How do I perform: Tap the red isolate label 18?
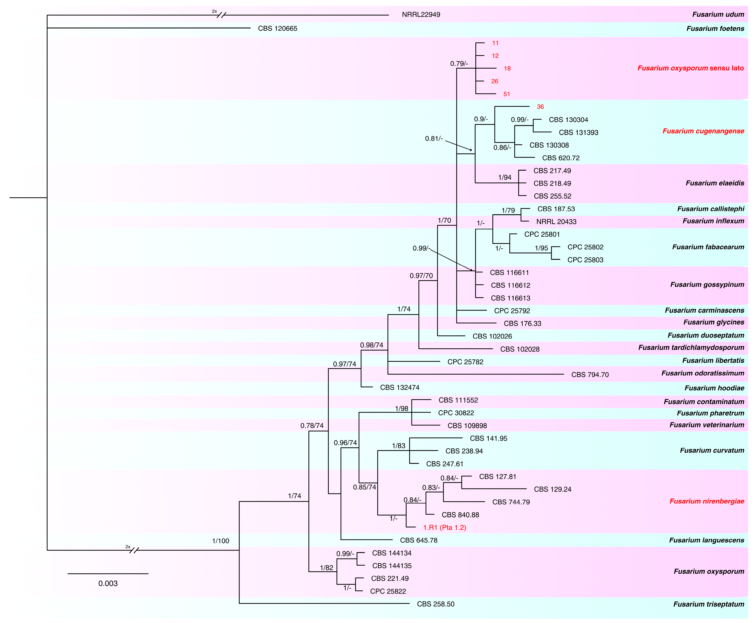[507, 69]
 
